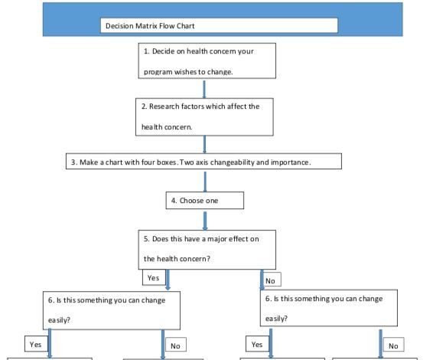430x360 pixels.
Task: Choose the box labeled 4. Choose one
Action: [204, 201]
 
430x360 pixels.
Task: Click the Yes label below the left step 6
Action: [35, 344]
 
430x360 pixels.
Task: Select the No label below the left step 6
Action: [175, 345]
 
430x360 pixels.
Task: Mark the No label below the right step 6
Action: [393, 345]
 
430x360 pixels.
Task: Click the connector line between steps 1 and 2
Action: [204, 89]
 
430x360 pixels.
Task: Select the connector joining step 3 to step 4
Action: [204, 181]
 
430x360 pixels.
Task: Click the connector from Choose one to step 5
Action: [204, 219]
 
